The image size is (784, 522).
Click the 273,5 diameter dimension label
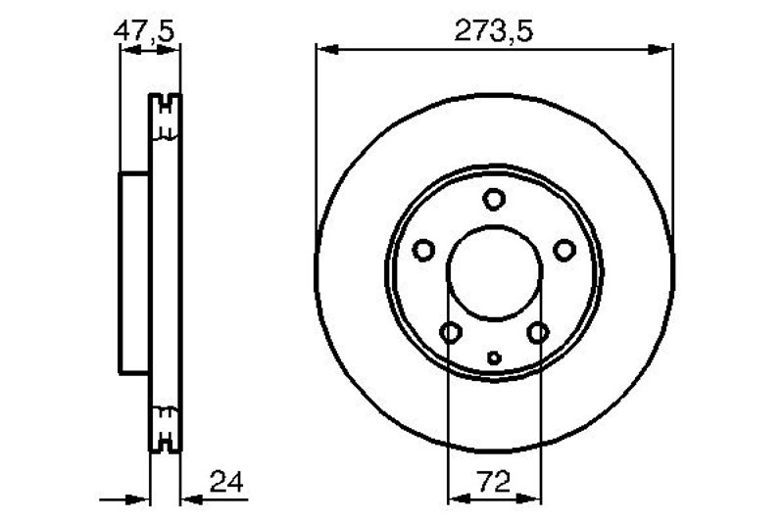click(x=494, y=31)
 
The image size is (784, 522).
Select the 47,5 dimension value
click(x=143, y=31)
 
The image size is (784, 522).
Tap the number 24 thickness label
click(x=226, y=482)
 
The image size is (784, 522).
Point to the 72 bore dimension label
click(x=494, y=482)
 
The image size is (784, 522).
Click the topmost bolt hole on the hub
click(x=494, y=199)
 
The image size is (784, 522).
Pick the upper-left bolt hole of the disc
click(x=423, y=250)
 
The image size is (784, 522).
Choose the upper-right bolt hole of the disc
click(x=564, y=250)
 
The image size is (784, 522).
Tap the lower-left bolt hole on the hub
click(x=451, y=332)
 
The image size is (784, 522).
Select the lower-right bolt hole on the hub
click(x=538, y=332)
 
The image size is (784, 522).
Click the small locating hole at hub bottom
click(x=494, y=357)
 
